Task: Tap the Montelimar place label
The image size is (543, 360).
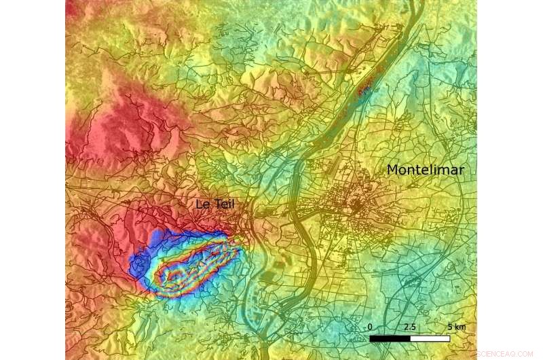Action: (x=426, y=170)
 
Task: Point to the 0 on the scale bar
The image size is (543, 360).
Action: (x=371, y=327)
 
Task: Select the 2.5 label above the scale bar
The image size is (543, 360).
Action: (x=409, y=327)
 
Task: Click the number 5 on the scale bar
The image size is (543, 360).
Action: (x=449, y=327)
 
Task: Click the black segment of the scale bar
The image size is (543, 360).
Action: (x=390, y=338)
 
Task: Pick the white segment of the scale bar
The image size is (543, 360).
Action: (x=430, y=338)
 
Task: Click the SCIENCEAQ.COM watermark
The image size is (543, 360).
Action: (x=506, y=353)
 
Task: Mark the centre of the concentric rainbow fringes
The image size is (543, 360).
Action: (x=193, y=268)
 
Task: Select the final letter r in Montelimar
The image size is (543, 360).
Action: (x=462, y=170)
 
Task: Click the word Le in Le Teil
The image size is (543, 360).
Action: (x=202, y=204)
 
